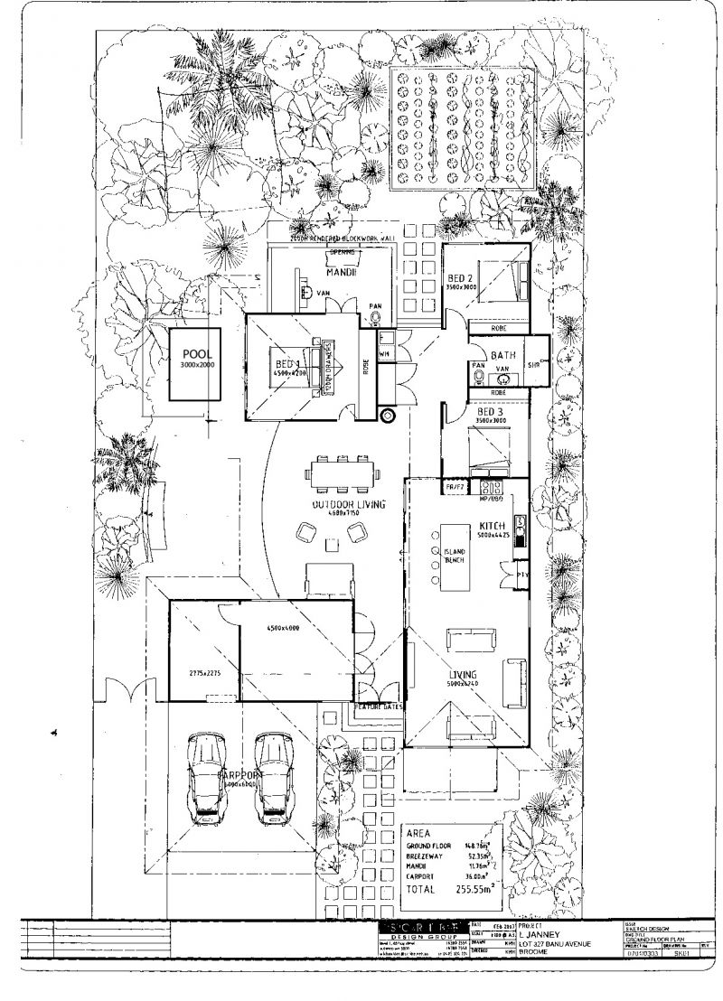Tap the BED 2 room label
pos(460,277)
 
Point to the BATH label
pos(503,355)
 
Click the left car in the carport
pos(204,778)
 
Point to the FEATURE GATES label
pos(379,706)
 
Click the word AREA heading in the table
pos(419,833)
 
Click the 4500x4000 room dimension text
pos(283,628)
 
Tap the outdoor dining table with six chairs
pos(340,472)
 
